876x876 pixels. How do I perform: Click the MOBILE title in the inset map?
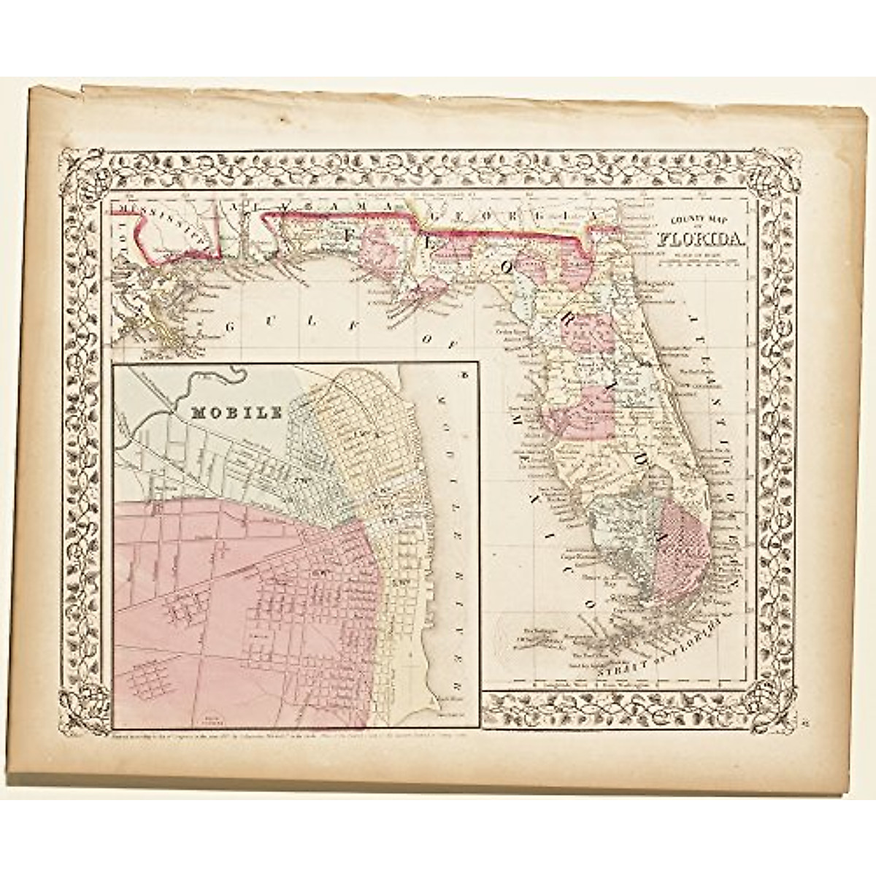pyautogui.click(x=236, y=412)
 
